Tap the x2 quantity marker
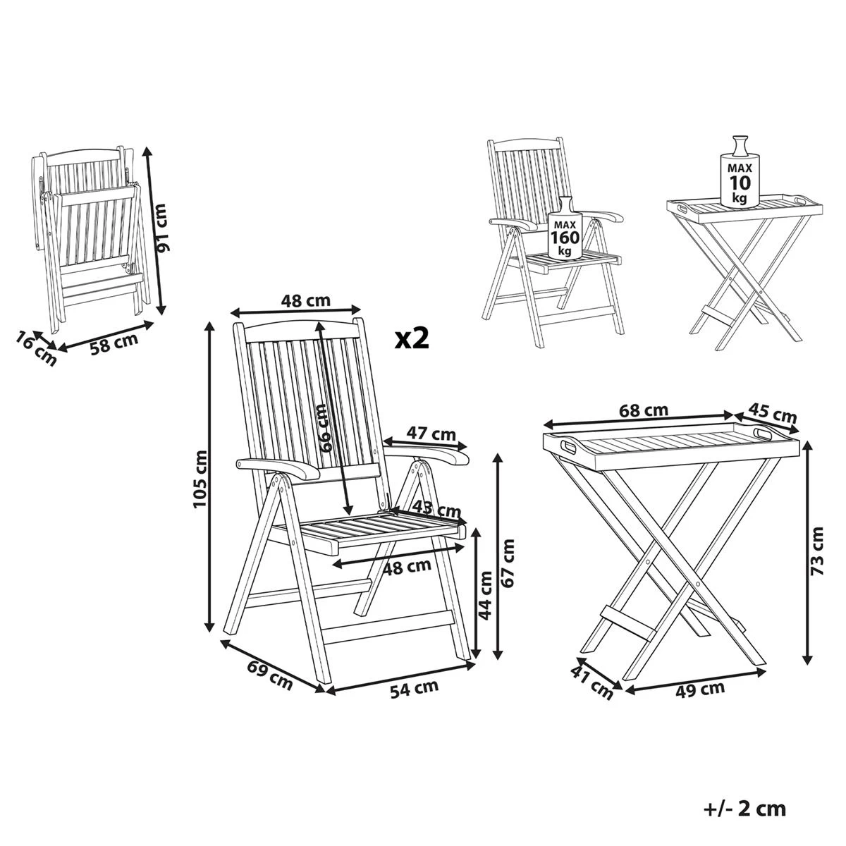(412, 338)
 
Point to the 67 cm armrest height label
(509, 562)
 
